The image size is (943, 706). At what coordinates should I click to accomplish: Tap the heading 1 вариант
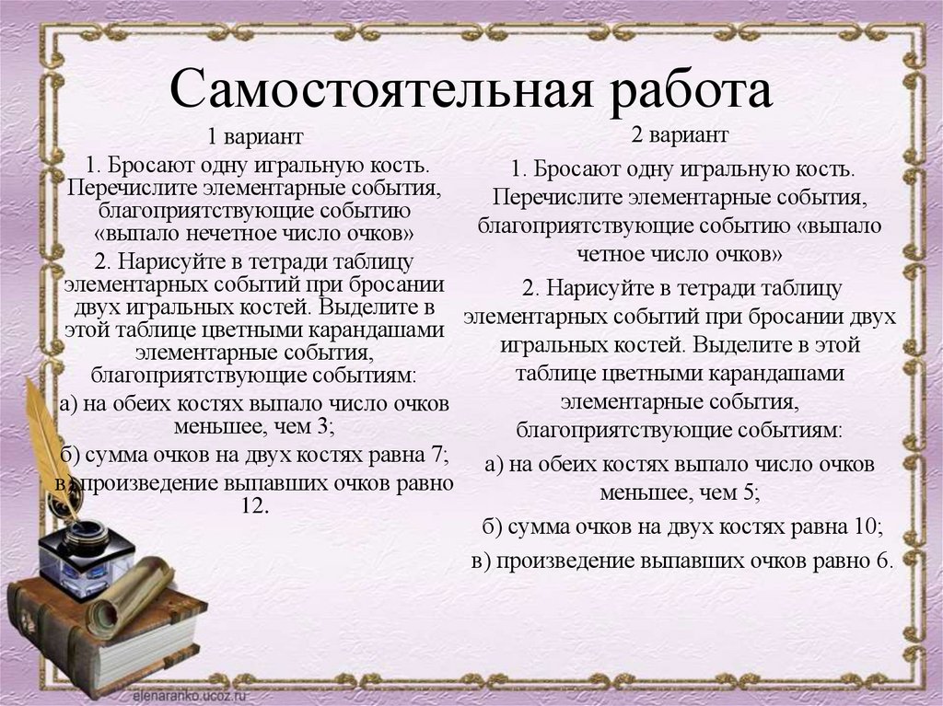click(254, 138)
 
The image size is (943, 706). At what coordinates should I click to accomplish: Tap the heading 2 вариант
click(680, 135)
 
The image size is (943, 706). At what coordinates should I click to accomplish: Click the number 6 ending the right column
click(883, 561)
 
